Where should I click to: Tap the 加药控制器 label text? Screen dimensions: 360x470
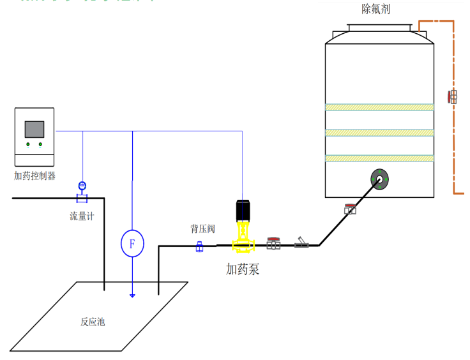click(34, 176)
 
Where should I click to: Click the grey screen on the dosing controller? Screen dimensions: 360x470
click(34, 130)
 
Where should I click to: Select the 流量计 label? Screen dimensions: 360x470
click(82, 216)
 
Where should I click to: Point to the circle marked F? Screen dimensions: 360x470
click(132, 244)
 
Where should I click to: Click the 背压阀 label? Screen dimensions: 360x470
click(202, 229)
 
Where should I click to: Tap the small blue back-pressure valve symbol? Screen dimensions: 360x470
click(199, 246)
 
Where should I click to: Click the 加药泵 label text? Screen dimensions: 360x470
click(243, 269)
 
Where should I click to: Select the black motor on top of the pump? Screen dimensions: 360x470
click(243, 211)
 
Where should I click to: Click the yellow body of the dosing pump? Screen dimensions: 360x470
click(243, 239)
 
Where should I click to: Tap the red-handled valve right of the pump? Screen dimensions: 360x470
click(273, 243)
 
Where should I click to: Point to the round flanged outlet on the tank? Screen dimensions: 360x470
click(380, 179)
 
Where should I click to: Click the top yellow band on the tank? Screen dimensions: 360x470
click(380, 107)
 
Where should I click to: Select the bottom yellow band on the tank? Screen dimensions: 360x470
click(380, 158)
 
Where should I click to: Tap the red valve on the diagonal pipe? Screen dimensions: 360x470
click(350, 208)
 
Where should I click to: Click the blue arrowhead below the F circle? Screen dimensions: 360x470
click(132, 295)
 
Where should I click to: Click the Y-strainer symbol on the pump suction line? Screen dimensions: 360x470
click(302, 243)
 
